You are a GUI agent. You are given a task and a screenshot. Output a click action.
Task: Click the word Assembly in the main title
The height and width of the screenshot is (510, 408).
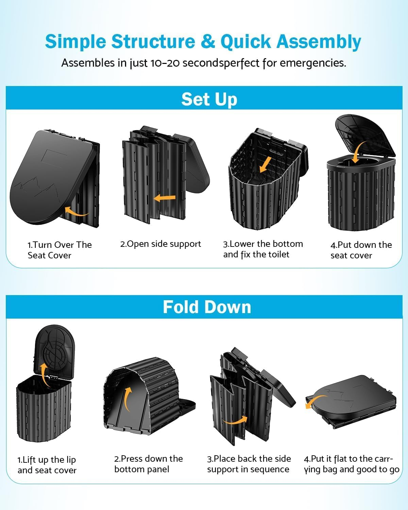coord(319,42)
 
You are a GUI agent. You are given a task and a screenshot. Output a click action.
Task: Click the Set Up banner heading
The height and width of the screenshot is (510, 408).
coord(209,99)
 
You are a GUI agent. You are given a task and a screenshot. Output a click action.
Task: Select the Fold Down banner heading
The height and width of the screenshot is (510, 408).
coord(207,307)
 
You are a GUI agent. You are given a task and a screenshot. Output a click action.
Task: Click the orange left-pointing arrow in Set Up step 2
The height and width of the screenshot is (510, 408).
coord(165,198)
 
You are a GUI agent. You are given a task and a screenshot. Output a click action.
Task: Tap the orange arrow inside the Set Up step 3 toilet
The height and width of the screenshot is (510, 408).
coord(266,164)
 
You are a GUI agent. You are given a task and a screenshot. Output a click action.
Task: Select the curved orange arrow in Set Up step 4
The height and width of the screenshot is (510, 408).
coord(359,153)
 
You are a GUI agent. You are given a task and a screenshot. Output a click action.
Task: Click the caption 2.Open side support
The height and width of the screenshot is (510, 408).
coord(160,244)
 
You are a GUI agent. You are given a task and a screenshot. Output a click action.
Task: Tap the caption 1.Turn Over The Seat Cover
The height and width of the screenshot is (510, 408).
coord(60,250)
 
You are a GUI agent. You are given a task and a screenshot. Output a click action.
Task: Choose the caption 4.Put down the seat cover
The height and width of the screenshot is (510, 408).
coord(361,250)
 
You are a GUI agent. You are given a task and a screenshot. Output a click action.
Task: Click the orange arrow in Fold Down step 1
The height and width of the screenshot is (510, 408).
coord(44,373)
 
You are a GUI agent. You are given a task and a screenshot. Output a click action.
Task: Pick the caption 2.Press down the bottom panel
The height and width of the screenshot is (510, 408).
coord(148,464)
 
